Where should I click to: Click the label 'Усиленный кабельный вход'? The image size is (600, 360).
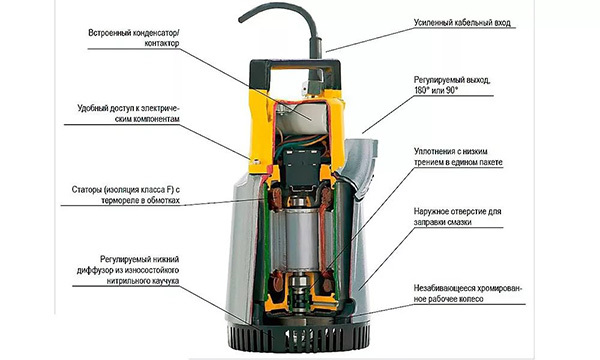coord(462,23)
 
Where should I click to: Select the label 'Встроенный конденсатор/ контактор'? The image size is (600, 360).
coord(134,38)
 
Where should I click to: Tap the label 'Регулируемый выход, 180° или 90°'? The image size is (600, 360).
coord(452,85)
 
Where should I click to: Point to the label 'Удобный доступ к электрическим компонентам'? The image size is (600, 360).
coord(128,113)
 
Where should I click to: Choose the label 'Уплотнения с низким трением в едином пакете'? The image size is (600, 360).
coord(458,157)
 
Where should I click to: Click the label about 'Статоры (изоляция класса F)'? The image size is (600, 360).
coord(126,195)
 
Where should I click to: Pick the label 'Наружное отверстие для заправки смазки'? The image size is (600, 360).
coord(457,217)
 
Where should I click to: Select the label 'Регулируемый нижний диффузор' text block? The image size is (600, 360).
coord(128,270)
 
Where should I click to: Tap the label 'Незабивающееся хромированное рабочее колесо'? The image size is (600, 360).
coord(468,293)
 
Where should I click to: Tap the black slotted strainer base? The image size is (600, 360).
coord(298,338)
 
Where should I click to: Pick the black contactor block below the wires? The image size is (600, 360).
coord(302,168)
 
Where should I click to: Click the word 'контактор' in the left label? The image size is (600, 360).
coord(161,43)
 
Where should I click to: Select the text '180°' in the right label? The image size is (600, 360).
coord(422,91)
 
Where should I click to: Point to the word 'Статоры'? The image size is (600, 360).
coord(86,190)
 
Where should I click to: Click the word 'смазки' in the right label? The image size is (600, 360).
coord(459,222)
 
